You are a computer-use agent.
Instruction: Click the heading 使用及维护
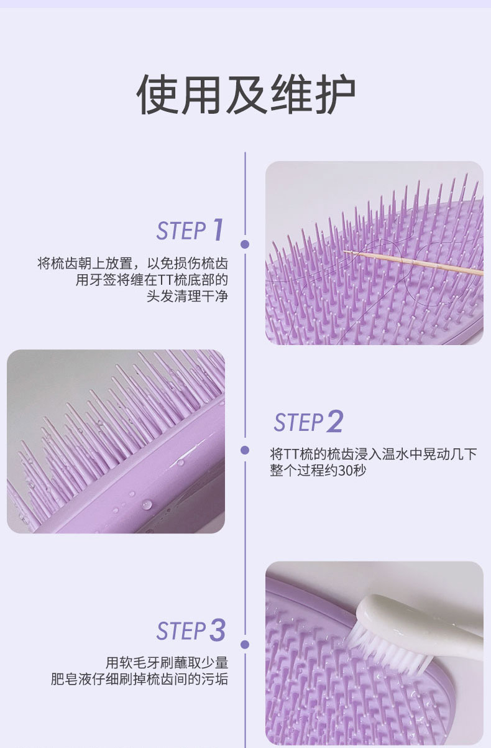tap(246, 95)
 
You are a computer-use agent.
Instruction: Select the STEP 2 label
tap(308, 422)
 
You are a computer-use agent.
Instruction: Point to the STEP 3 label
tap(191, 630)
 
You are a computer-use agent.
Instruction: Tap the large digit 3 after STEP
tap(218, 630)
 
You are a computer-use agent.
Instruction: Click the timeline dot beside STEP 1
tap(245, 244)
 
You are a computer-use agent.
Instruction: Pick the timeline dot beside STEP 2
tap(245, 450)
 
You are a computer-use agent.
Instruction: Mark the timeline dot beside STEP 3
tap(245, 645)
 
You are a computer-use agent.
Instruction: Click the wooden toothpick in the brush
tap(413, 263)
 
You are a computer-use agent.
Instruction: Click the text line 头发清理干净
tap(187, 297)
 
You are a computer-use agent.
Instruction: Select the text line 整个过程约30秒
tap(318, 471)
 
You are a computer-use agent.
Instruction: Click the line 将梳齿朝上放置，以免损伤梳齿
tap(132, 264)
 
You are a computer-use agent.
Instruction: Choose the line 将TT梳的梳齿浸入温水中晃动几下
tap(374, 454)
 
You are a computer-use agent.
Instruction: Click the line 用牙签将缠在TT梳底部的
tap(152, 280)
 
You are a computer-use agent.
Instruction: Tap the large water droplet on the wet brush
tap(147, 504)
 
